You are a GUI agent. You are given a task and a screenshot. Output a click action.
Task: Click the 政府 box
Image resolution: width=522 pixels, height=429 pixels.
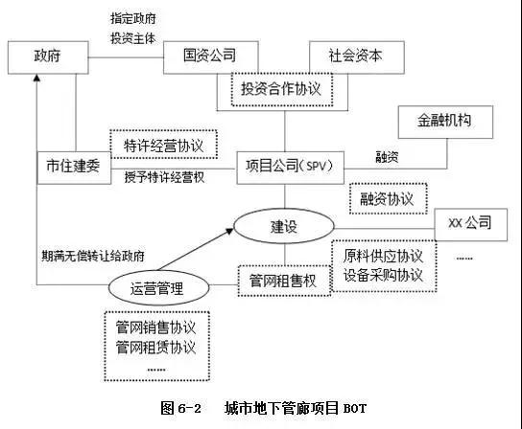click(x=49, y=56)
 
